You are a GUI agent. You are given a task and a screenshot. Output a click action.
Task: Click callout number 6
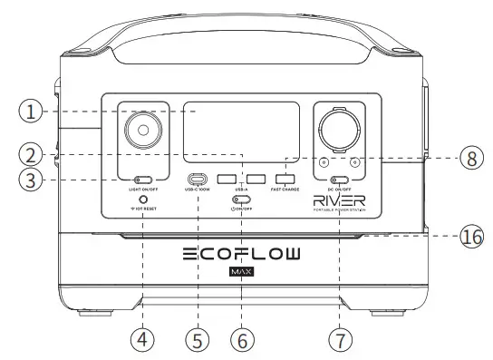click(241, 340)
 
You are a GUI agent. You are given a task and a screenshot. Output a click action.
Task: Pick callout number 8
click(469, 158)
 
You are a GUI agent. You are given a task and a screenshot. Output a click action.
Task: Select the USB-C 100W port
click(198, 179)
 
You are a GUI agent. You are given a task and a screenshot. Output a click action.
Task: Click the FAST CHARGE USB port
click(286, 178)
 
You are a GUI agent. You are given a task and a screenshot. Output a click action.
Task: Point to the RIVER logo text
click(340, 200)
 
